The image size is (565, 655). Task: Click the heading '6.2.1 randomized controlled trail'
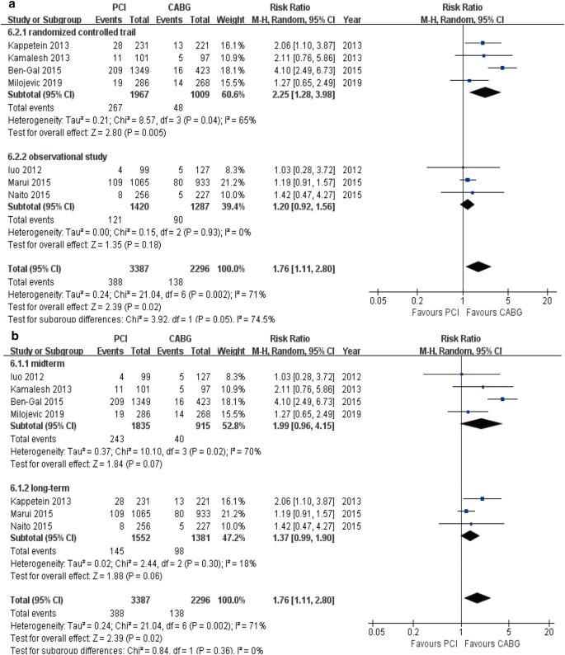click(66, 28)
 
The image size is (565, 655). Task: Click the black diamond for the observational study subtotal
click(467, 205)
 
